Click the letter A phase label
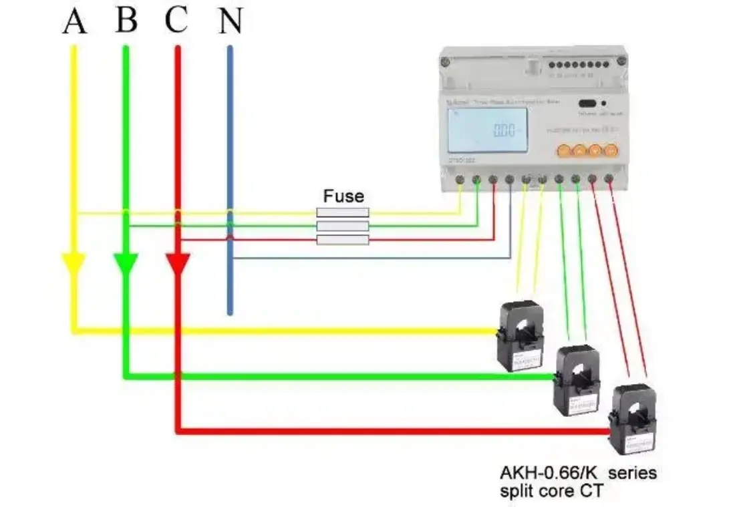pyautogui.click(x=75, y=21)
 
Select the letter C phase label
pyautogui.click(x=176, y=21)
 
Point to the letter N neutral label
pyautogui.click(x=229, y=22)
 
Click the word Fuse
pyautogui.click(x=343, y=196)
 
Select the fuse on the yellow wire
pyautogui.click(x=342, y=212)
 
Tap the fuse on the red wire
pyautogui.click(x=342, y=240)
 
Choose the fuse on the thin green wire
pyautogui.click(x=342, y=226)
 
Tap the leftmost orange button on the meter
pyautogui.click(x=563, y=150)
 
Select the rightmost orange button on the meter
pyautogui.click(x=610, y=150)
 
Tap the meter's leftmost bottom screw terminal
pyautogui.click(x=460, y=179)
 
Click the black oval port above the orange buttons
pyautogui.click(x=587, y=104)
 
